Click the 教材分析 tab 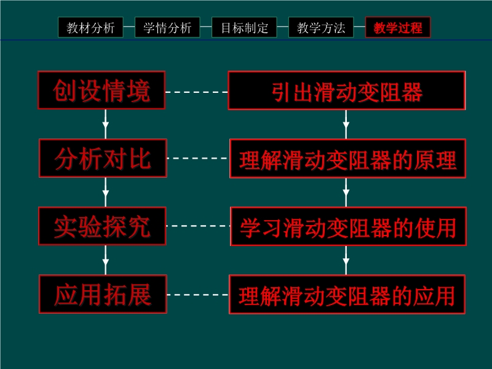tap(91, 28)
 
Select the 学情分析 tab tap(167, 28)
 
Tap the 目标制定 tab tap(244, 28)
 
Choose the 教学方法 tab tap(321, 28)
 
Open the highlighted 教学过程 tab tap(398, 28)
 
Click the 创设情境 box tap(101, 90)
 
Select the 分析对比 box tap(103, 158)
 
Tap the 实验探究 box tap(102, 226)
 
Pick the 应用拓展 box tap(103, 294)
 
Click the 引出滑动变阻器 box tap(346, 90)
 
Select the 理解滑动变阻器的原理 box tap(347, 159)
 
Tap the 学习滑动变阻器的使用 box tap(348, 226)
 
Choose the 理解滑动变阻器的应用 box tap(347, 295)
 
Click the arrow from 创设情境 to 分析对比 tap(106, 124)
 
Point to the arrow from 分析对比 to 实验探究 tap(106, 192)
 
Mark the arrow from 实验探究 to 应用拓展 tap(106, 260)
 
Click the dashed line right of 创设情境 tap(196, 92)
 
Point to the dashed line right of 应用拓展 tap(198, 295)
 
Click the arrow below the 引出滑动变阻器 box tap(346, 124)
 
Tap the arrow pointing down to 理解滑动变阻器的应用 tap(346, 260)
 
